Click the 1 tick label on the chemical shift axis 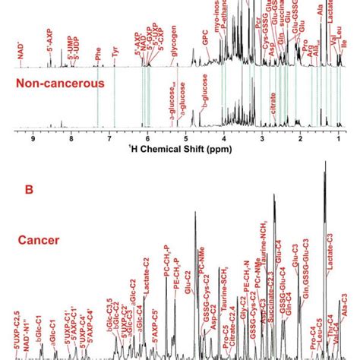pos(338,138)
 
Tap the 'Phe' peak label pos(97,55)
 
